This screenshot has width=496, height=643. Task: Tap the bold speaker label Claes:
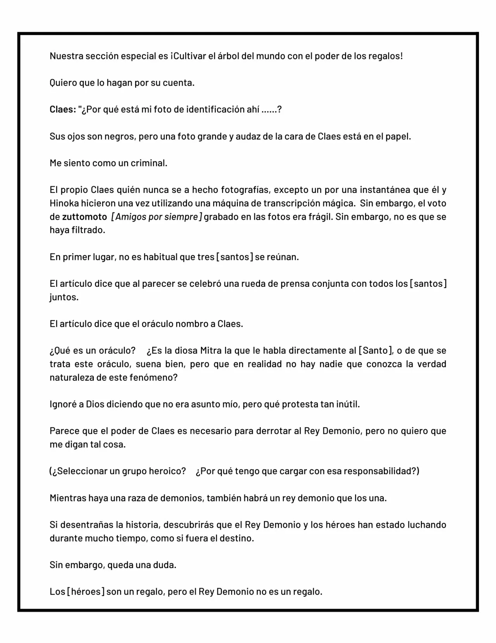click(63, 109)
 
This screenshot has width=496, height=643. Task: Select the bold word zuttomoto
click(84, 217)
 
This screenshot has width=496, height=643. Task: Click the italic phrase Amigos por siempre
click(157, 217)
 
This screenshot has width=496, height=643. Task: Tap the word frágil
click(320, 217)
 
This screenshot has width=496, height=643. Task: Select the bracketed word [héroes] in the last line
click(86, 592)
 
